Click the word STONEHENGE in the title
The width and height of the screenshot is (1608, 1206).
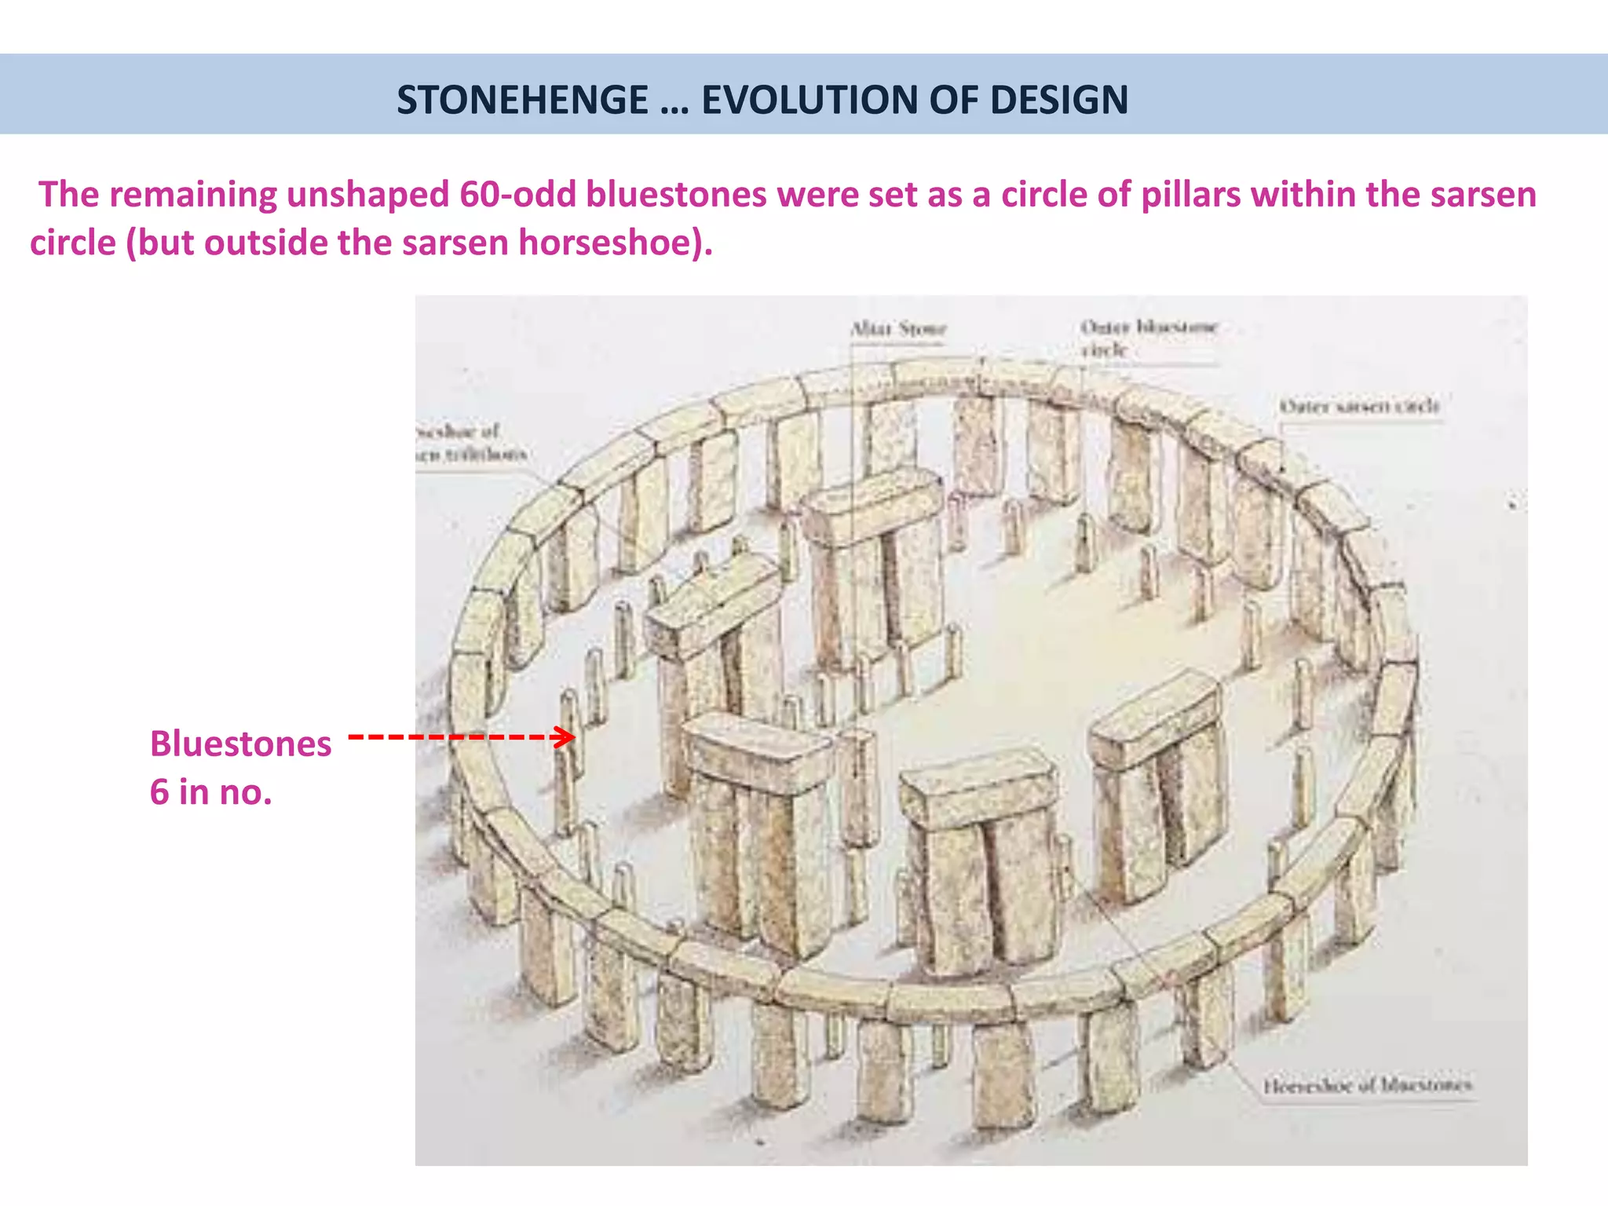522,100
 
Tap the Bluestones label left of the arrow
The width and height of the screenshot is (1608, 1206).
240,744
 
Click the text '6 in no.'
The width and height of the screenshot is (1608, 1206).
210,791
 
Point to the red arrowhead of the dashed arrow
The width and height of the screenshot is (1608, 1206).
565,737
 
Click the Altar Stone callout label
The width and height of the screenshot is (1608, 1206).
898,328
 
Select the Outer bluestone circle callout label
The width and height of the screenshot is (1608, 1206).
1148,338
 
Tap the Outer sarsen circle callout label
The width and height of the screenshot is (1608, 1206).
1359,406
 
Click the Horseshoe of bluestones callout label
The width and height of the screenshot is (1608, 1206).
1367,1086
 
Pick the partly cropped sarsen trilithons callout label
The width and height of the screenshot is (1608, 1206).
470,443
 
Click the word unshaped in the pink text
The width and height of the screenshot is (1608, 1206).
367,195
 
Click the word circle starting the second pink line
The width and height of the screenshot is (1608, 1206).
72,243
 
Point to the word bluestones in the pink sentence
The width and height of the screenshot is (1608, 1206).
676,195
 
